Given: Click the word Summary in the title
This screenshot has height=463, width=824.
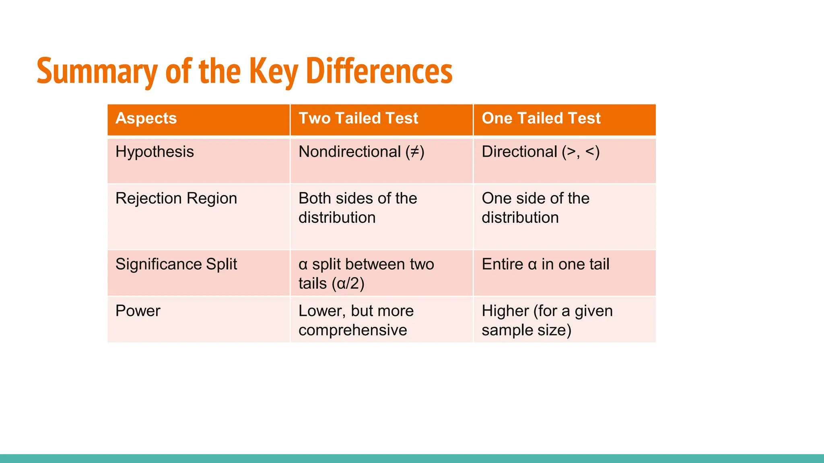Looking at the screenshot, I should click(x=97, y=71).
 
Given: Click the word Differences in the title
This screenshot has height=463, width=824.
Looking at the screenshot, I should click(x=379, y=71).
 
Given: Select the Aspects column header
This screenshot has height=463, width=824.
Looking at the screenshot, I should click(x=146, y=118).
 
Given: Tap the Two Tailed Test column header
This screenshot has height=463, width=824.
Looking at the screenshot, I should click(x=358, y=118).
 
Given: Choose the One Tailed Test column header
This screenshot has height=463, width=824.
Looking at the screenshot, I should click(x=541, y=118).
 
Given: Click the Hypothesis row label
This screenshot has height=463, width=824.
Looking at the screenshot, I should click(x=154, y=152).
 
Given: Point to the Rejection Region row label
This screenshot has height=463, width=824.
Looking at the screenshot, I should click(x=176, y=199).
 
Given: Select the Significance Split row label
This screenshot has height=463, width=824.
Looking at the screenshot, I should click(x=176, y=264).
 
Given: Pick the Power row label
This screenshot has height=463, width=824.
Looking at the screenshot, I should click(x=138, y=311).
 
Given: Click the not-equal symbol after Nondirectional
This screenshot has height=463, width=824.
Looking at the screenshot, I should click(x=414, y=152).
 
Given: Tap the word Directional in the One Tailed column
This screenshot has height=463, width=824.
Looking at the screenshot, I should click(x=519, y=152).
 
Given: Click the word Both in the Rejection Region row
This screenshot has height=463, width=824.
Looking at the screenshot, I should click(x=315, y=199).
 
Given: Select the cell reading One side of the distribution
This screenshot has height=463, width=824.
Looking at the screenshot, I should click(x=535, y=208).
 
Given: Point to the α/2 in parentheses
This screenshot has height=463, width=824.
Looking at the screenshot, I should click(x=348, y=284).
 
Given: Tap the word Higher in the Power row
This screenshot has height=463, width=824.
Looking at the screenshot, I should click(x=505, y=311).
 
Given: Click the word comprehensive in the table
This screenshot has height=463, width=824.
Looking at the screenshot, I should click(x=352, y=330).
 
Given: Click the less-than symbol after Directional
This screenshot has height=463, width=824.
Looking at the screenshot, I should click(x=590, y=152).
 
